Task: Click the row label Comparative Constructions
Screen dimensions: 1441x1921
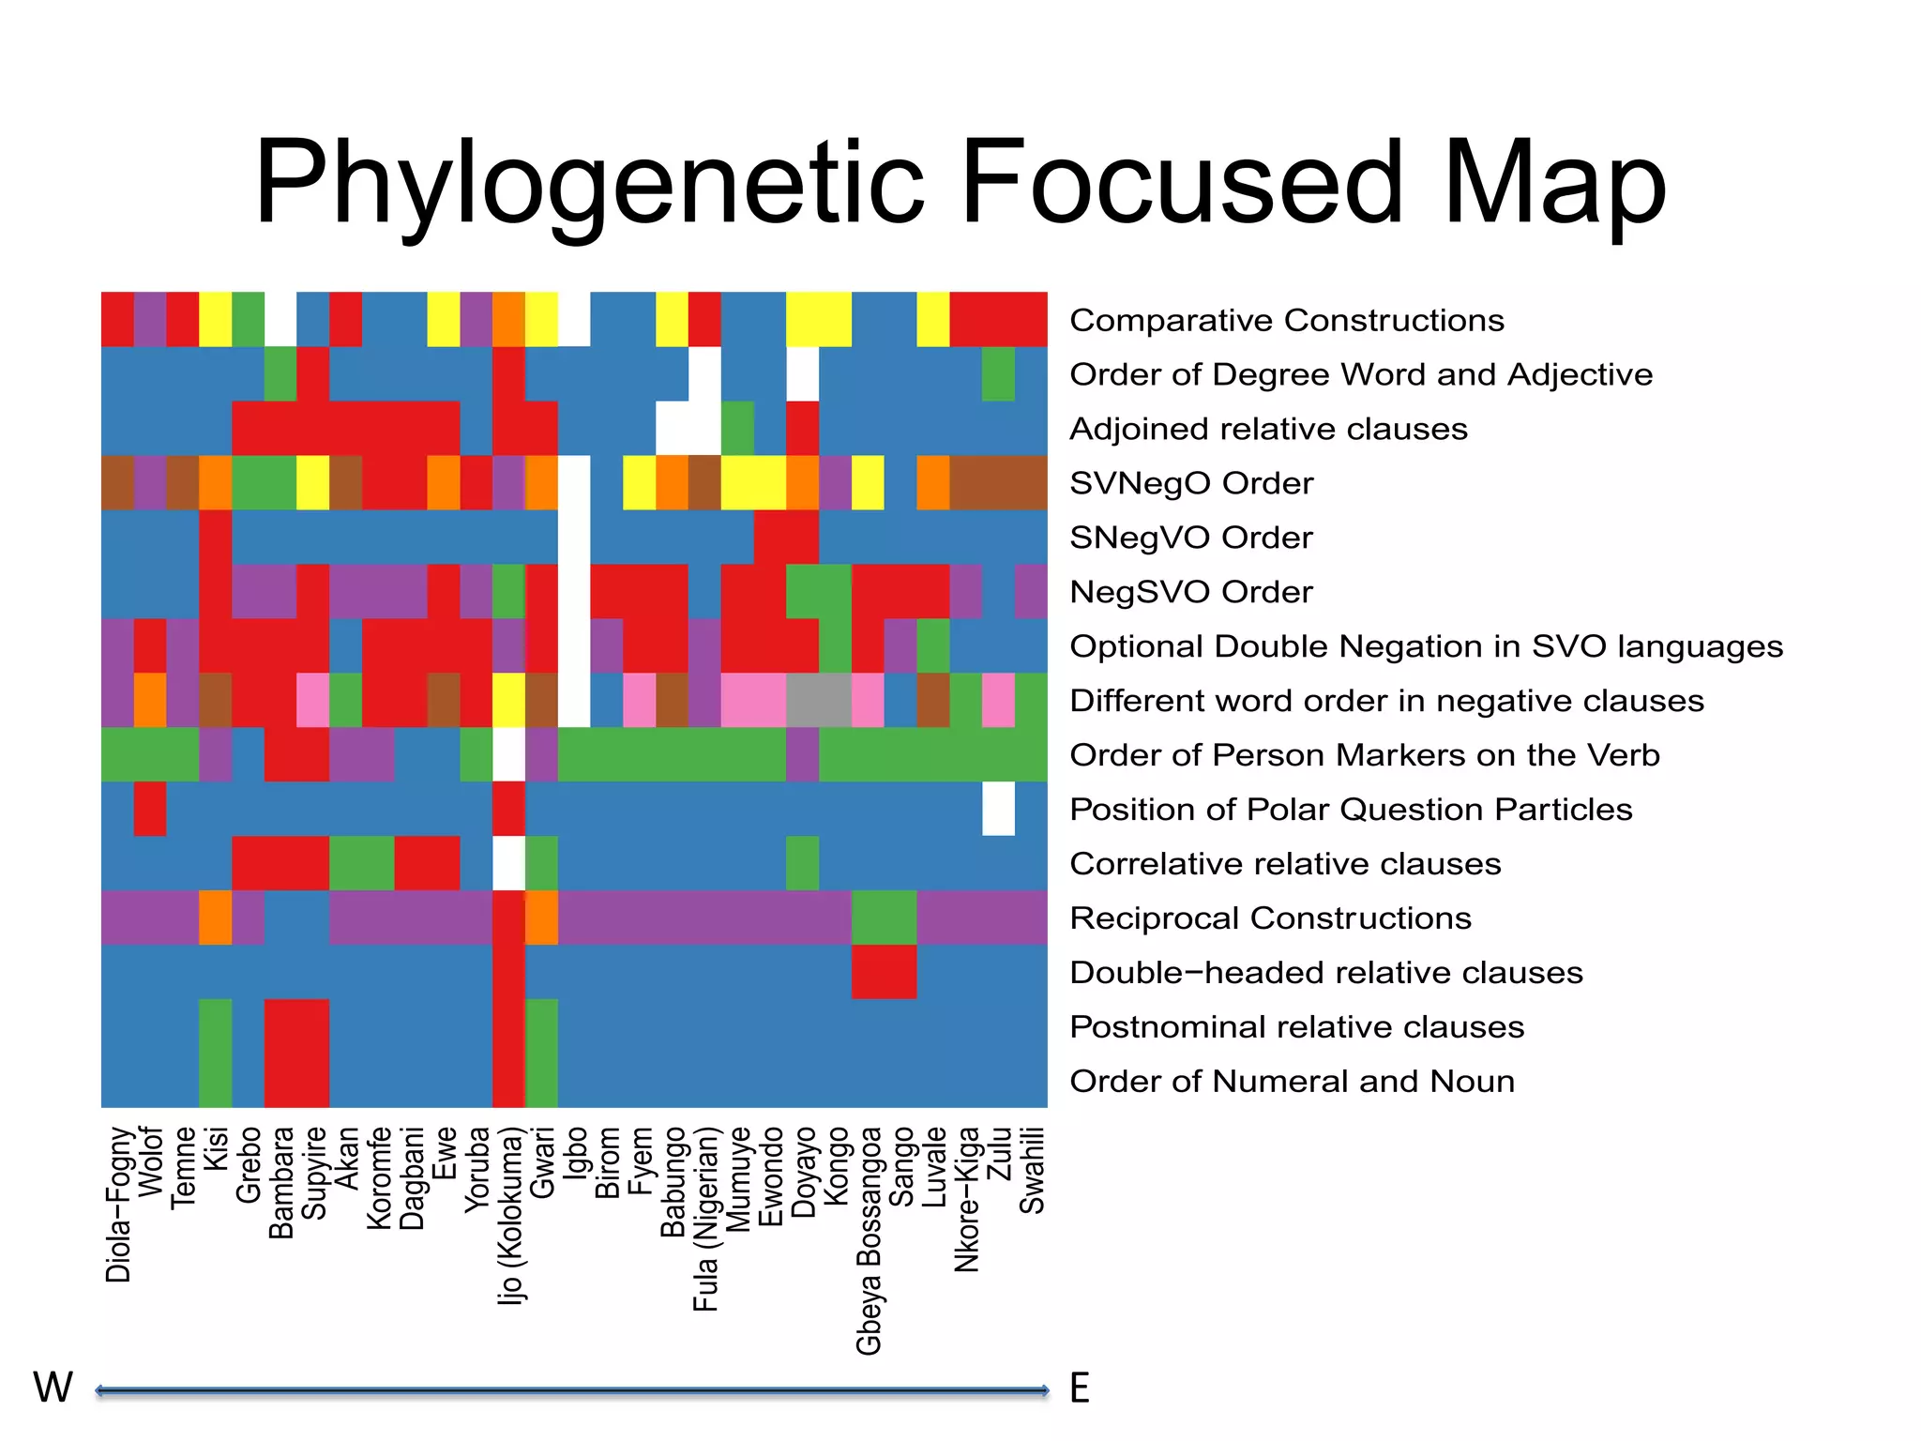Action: pos(1286,321)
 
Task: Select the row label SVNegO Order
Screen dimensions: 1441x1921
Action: pos(1190,484)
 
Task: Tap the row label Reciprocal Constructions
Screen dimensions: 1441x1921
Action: pos(1270,918)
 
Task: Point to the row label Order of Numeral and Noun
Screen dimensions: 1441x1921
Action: pos(1292,1082)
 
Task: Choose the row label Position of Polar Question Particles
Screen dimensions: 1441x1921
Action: pos(1351,810)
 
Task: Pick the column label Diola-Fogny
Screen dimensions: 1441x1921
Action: pos(118,1205)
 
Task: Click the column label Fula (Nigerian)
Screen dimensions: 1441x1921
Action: pos(705,1219)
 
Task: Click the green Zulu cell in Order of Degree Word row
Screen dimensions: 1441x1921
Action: pos(999,374)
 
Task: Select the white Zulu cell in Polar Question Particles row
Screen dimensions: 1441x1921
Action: pos(999,809)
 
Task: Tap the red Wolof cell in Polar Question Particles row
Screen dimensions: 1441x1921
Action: pos(150,809)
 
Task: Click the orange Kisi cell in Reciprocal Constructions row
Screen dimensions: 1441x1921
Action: pos(216,918)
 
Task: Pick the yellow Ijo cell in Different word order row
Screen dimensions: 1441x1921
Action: pos(509,700)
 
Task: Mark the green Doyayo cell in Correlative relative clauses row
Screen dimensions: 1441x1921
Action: pos(803,863)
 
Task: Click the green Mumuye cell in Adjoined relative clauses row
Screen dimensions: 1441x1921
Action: pos(738,429)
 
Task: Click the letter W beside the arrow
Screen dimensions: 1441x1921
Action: pos(53,1388)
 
